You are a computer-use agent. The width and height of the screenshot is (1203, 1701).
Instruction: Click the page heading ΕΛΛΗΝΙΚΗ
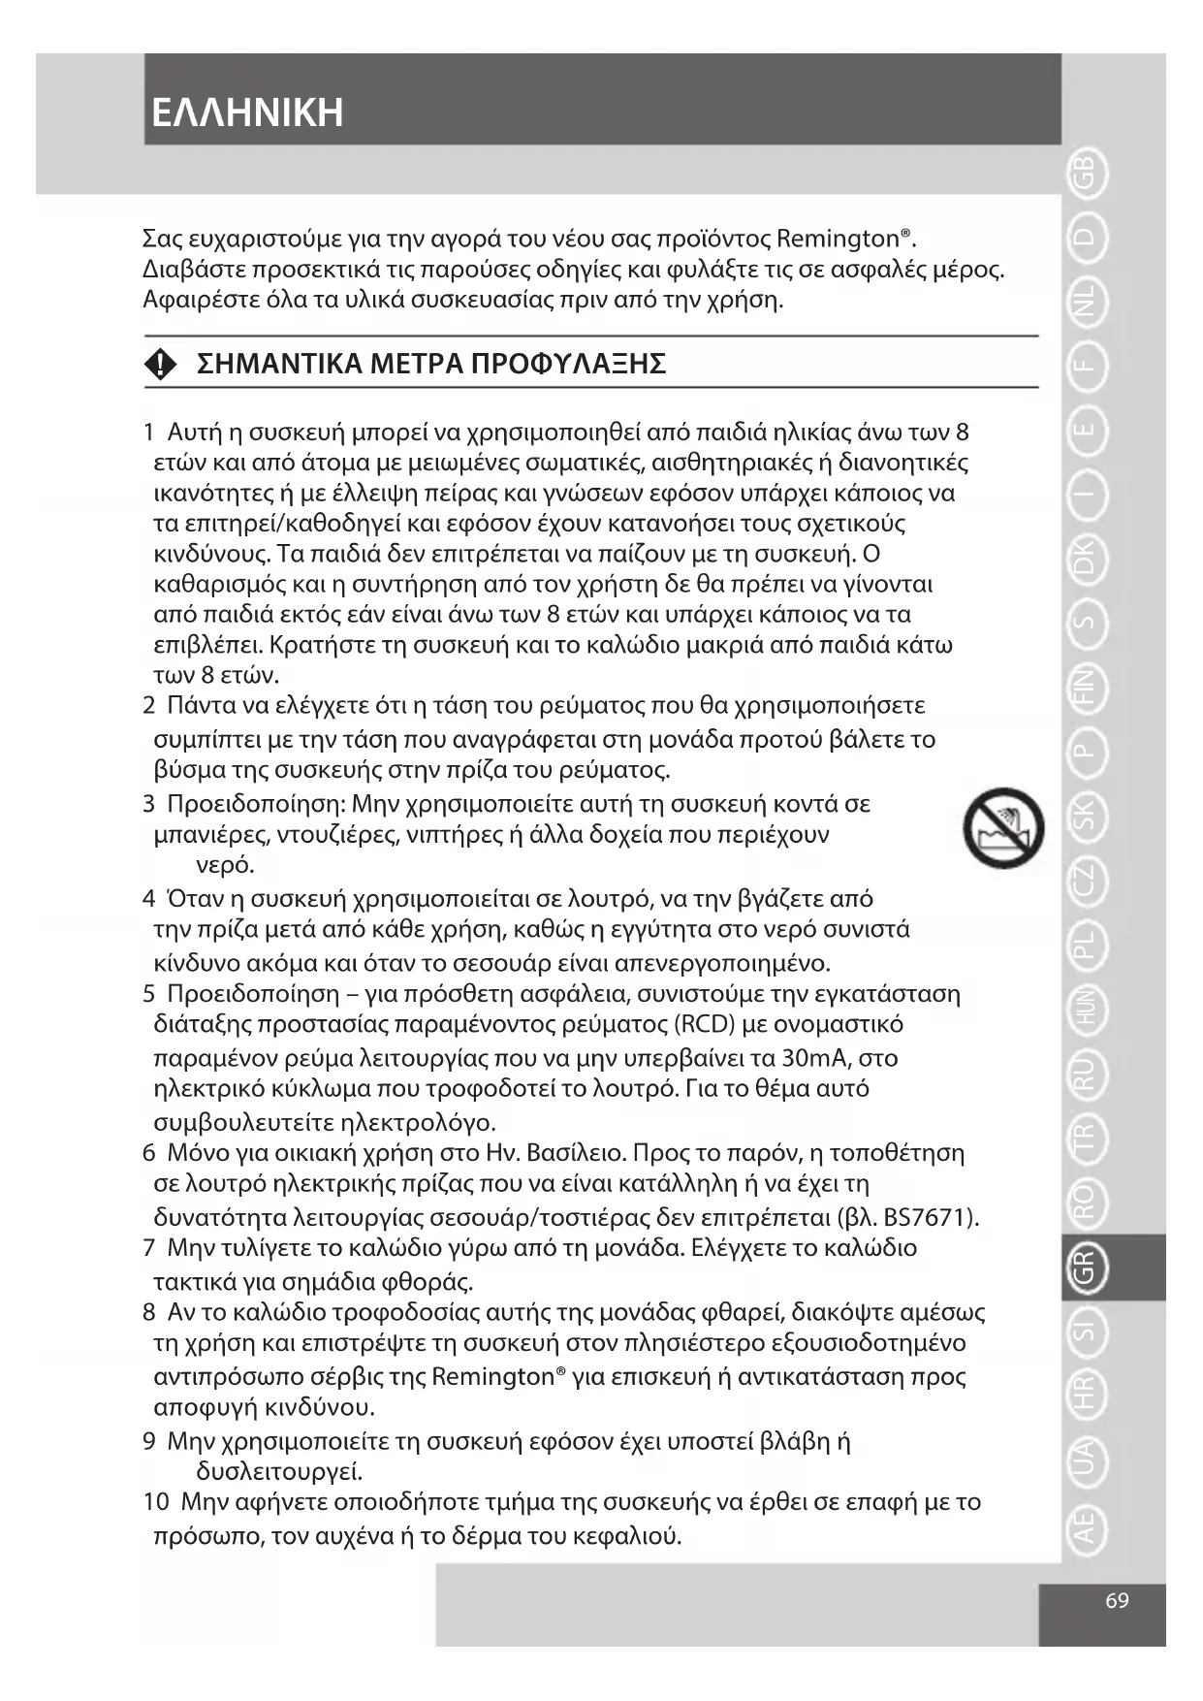point(248,112)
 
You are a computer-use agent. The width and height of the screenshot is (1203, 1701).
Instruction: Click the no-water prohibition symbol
point(1003,828)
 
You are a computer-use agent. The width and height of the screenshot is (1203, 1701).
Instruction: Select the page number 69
point(1117,1601)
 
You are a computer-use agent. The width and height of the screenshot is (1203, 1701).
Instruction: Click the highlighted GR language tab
point(1085,1268)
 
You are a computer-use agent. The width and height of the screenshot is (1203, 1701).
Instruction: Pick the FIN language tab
point(1085,688)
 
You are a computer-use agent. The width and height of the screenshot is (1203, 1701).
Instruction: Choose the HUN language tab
point(1085,1009)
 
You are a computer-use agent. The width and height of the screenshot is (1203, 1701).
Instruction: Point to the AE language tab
point(1085,1524)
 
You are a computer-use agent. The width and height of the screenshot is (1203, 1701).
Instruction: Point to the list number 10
point(155,1502)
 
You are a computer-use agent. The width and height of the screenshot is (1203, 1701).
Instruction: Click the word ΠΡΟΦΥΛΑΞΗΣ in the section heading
point(568,365)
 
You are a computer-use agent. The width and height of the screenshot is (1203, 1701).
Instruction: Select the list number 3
point(148,804)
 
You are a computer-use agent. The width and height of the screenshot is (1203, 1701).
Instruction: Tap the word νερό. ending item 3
point(225,865)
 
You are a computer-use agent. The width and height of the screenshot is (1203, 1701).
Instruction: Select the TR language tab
point(1085,1138)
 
